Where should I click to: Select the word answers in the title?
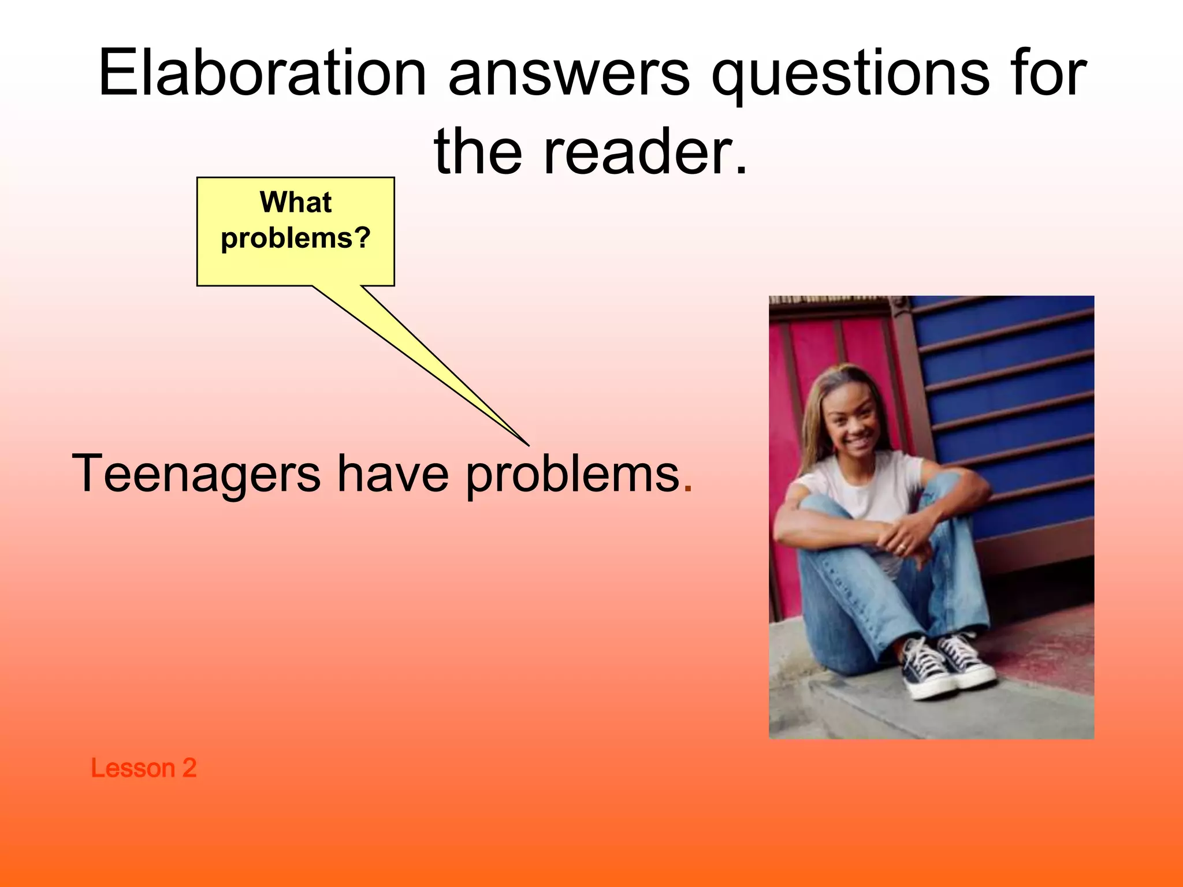pos(569,73)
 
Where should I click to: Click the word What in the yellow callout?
pos(296,202)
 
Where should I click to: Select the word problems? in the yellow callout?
pos(296,238)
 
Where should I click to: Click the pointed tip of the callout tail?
pos(527,445)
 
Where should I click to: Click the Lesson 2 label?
pos(143,768)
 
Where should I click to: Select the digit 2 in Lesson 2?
pos(189,768)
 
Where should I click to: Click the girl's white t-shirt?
pos(866,491)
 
